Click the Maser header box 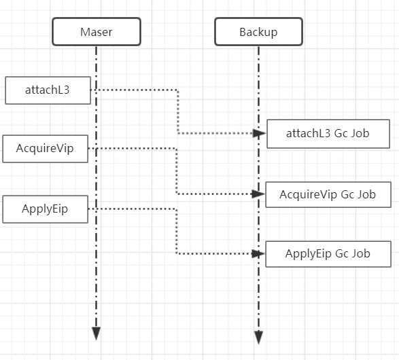click(x=97, y=32)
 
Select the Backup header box click(x=258, y=32)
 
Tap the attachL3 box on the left click(x=48, y=90)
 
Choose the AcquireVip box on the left click(x=46, y=149)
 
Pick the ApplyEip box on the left click(x=46, y=209)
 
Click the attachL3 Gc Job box click(x=328, y=134)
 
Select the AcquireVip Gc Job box click(x=328, y=194)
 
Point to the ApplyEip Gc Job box click(x=328, y=254)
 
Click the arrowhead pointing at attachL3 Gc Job click(x=259, y=133)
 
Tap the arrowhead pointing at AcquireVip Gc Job click(x=258, y=194)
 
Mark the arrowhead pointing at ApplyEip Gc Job click(x=258, y=253)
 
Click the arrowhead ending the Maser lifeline click(x=97, y=334)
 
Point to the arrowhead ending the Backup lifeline click(x=258, y=338)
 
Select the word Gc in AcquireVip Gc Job click(x=347, y=194)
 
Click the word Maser click(x=97, y=32)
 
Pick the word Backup click(x=258, y=33)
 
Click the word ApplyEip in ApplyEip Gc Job click(x=309, y=254)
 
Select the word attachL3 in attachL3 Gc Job click(x=309, y=133)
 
